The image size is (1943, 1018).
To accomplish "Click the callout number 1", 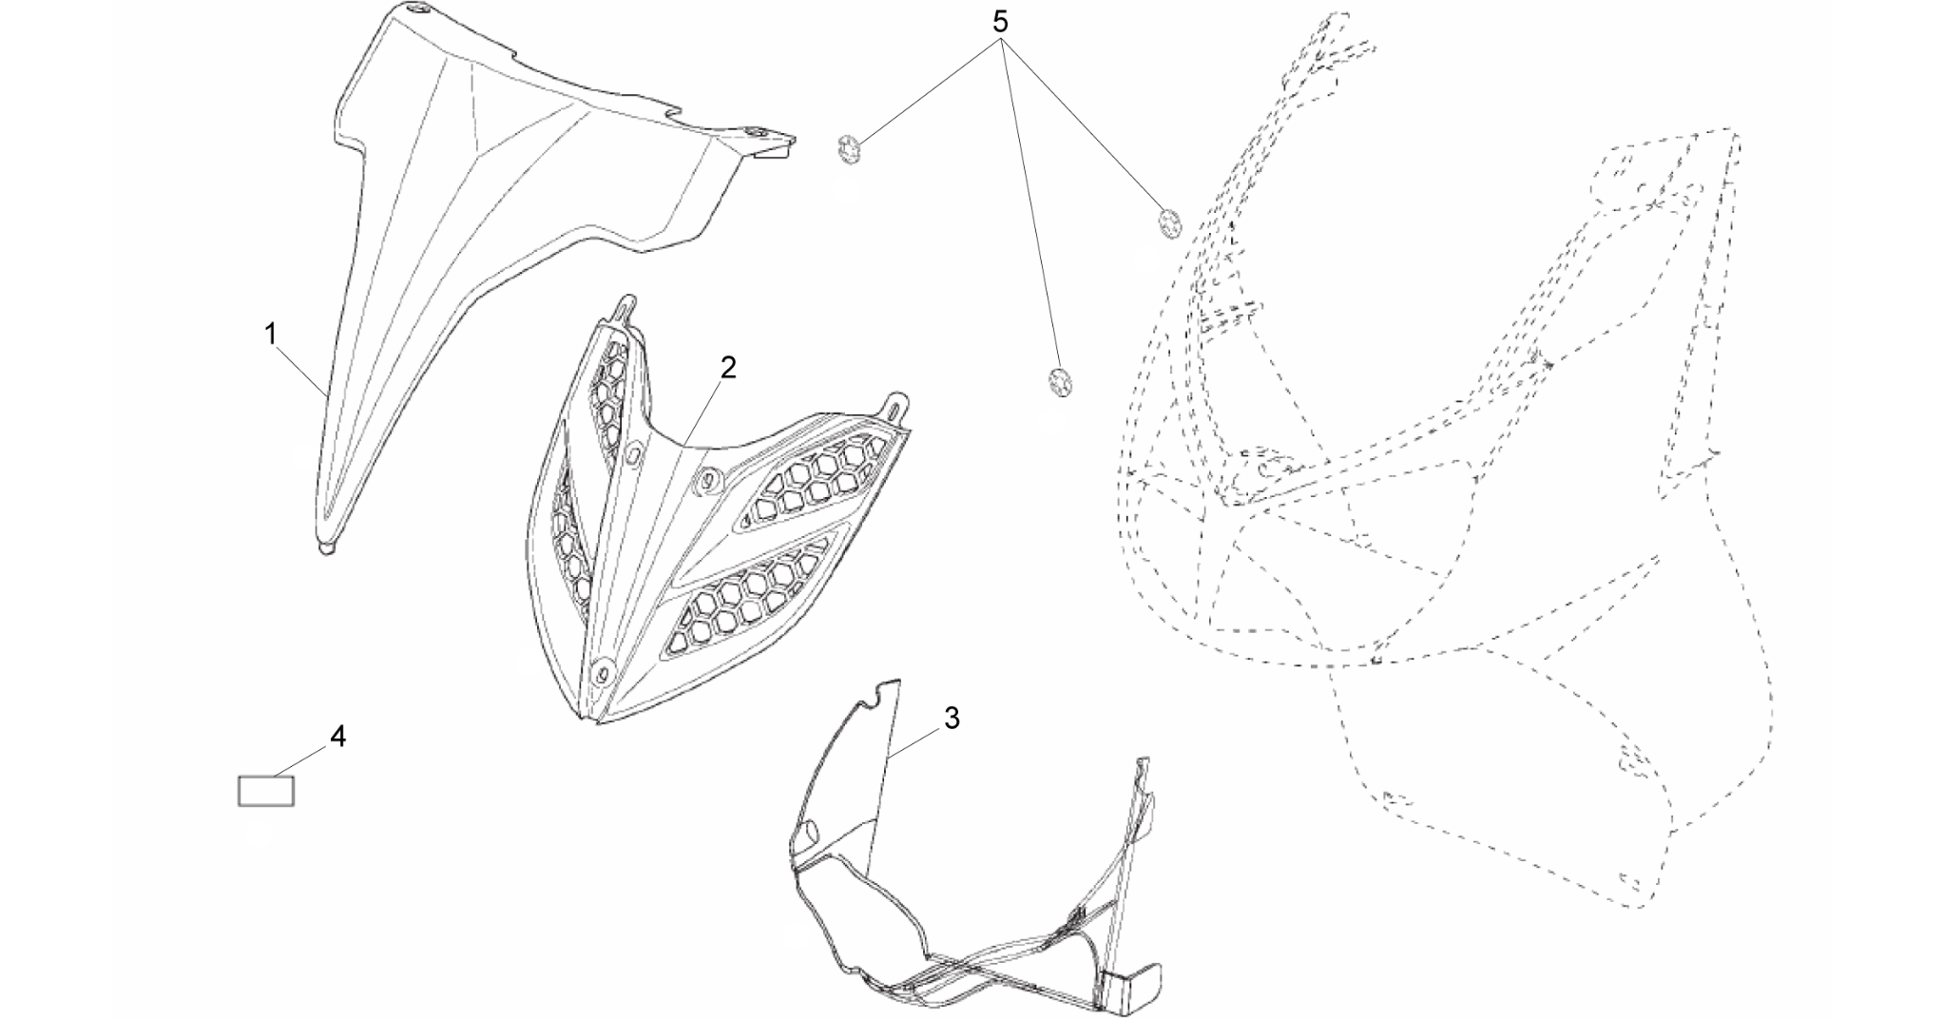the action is (x=271, y=334).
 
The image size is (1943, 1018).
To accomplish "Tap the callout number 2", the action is (x=727, y=367).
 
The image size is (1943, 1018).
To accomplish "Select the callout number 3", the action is (x=952, y=719).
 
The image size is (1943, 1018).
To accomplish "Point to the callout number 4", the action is (x=337, y=736).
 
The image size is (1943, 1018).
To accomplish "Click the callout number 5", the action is (x=1000, y=22).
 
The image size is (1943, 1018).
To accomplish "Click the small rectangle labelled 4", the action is (x=266, y=791).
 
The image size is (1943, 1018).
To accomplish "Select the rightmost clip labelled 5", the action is (x=1169, y=222).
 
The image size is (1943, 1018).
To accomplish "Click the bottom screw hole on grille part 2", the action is (x=600, y=671).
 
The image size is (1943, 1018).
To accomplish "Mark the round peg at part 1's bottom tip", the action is (x=327, y=548).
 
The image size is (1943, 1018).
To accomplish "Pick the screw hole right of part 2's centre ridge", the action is (x=705, y=482).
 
